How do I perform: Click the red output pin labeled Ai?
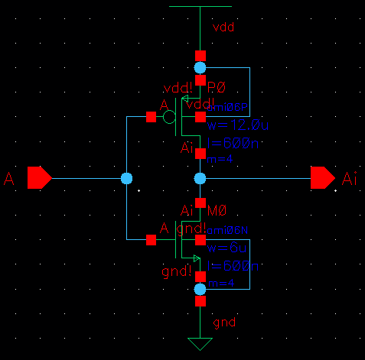(322, 178)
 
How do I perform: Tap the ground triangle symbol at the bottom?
(200, 343)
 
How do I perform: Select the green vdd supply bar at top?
(200, 6)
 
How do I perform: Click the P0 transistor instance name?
(218, 89)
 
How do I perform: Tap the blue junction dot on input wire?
(127, 178)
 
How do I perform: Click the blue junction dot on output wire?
(200, 178)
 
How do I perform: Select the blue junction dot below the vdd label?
(200, 68)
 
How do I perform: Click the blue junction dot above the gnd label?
(200, 289)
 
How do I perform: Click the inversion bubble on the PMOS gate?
(169, 117)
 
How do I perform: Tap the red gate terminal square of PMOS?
(151, 117)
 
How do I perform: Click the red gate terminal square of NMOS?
(151, 240)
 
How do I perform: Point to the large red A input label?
(9, 179)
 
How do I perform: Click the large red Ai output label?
(350, 179)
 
